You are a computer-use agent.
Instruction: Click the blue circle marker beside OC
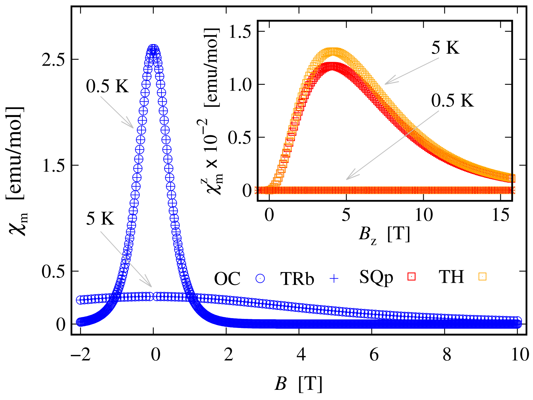(260, 279)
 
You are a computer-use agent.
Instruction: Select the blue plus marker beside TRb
(334, 279)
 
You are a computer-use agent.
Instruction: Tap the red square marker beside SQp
(412, 277)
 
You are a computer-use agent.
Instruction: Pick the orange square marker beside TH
(482, 277)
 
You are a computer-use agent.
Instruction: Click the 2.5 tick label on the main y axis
(53, 60)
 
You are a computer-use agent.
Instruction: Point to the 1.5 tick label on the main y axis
(53, 166)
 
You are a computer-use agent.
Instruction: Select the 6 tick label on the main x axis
(374, 354)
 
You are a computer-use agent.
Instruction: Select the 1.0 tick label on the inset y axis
(240, 84)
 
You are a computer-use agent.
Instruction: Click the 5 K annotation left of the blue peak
(100, 219)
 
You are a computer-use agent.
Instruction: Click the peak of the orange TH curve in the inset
(333, 52)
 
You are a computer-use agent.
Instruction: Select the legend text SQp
(376, 277)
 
